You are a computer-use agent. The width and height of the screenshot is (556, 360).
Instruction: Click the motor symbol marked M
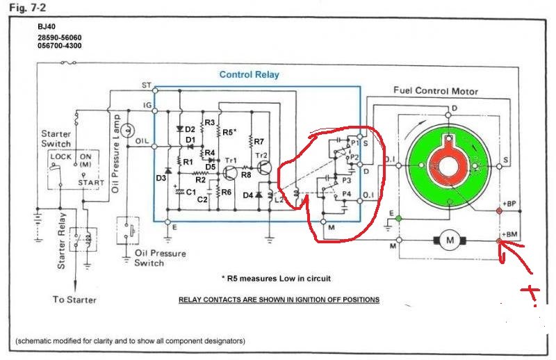coord(450,240)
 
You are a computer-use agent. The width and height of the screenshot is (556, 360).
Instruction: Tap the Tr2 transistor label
coord(263,154)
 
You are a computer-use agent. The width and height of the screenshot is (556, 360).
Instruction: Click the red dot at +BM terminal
coord(500,241)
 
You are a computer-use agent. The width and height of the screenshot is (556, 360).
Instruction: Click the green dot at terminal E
coord(398,219)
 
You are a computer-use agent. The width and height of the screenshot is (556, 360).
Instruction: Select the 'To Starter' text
coord(74,300)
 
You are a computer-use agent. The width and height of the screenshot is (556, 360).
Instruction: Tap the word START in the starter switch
coord(91,183)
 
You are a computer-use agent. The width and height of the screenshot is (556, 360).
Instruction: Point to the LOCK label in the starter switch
coord(61,157)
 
